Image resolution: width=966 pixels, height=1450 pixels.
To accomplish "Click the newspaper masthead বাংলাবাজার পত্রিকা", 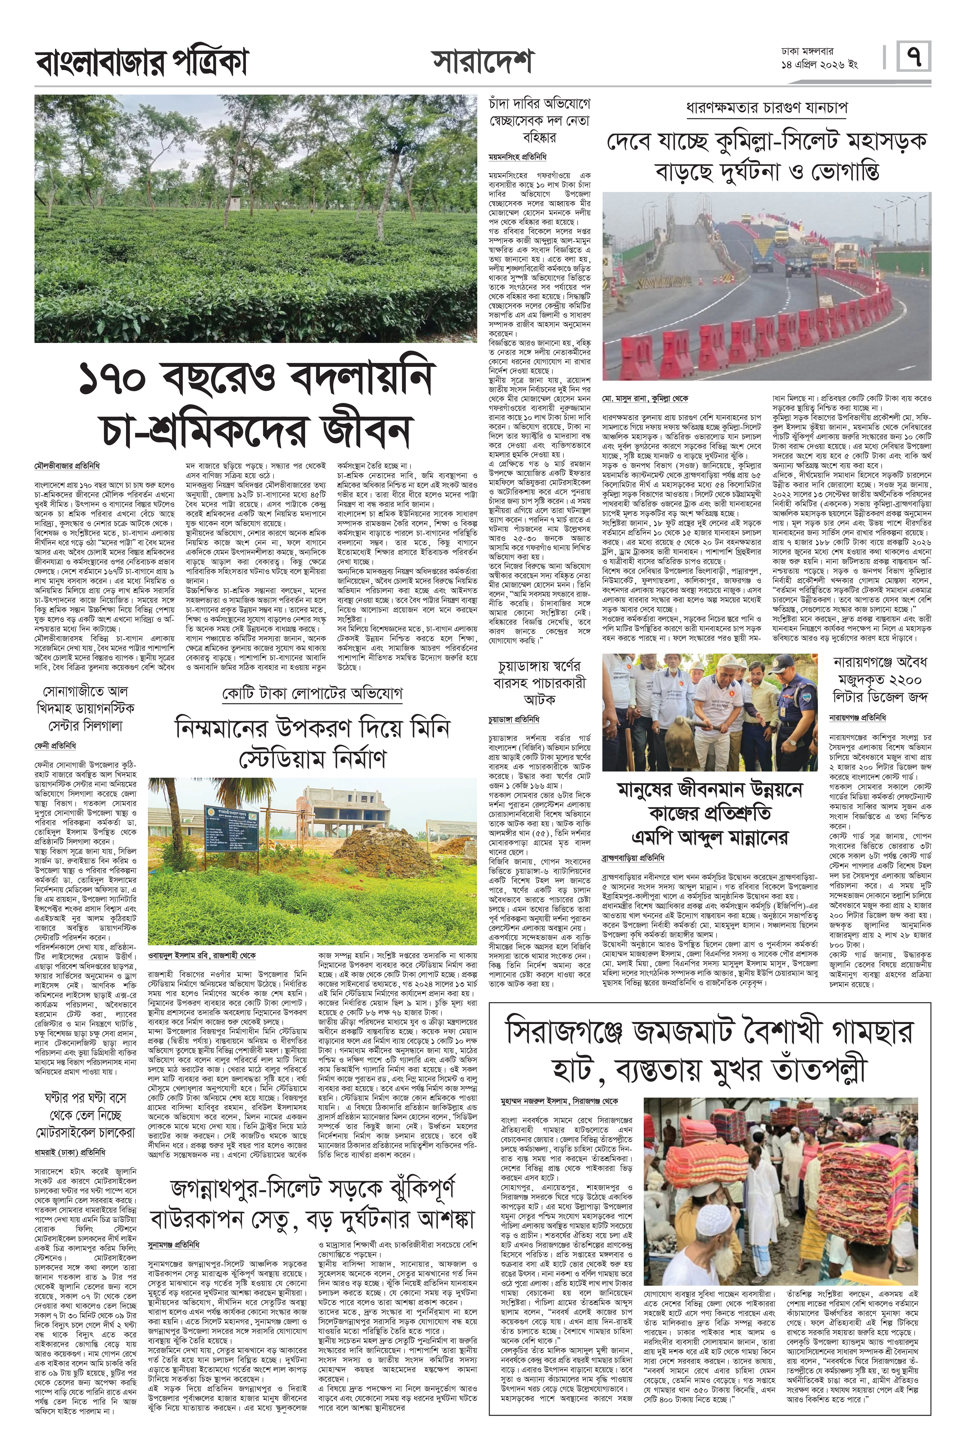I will click(x=142, y=62).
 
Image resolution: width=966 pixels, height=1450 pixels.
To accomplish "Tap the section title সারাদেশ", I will click(x=482, y=62).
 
